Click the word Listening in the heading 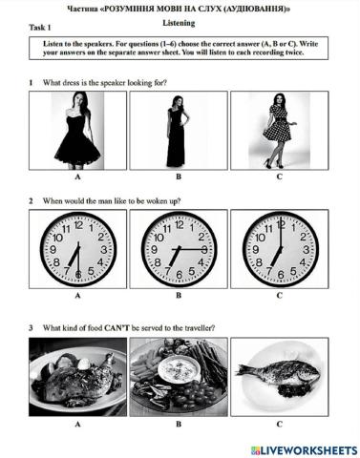[x=179, y=23]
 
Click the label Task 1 [x=40, y=28]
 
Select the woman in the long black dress [x=177, y=131]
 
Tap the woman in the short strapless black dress [x=77, y=131]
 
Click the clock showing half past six [x=78, y=249]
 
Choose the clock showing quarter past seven [x=179, y=249]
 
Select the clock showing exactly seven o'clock [x=280, y=249]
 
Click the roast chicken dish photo [x=77, y=377]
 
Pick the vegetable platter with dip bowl [x=179, y=377]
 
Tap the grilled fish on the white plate [x=280, y=373]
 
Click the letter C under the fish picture [x=280, y=424]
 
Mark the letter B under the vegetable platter [x=179, y=424]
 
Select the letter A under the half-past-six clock [x=77, y=296]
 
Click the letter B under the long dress [x=179, y=177]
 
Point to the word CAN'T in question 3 [x=116, y=327]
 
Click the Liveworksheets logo [x=304, y=450]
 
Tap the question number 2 [x=31, y=201]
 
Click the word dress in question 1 [x=71, y=83]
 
